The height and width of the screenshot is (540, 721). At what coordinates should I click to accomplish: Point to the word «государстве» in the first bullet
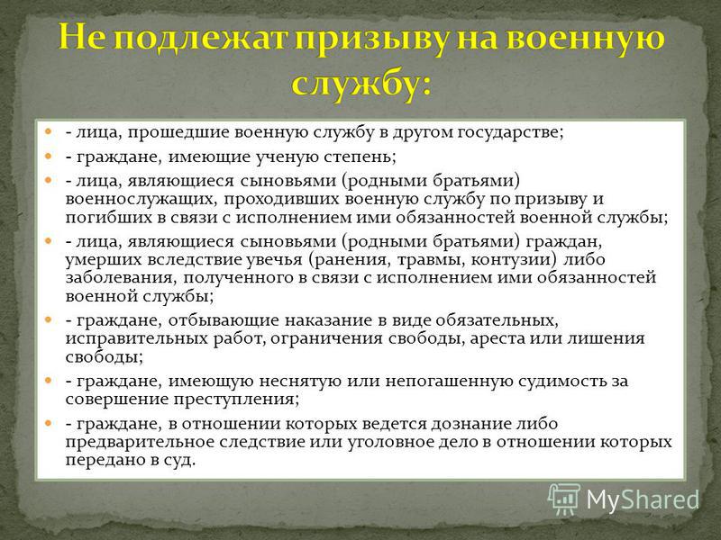(508, 133)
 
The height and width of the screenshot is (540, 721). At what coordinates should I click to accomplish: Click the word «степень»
(358, 157)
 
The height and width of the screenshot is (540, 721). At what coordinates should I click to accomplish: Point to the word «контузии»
(511, 259)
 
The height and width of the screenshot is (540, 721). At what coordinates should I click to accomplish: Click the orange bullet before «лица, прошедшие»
(49, 132)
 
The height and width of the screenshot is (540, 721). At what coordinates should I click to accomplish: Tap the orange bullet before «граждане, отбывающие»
(49, 319)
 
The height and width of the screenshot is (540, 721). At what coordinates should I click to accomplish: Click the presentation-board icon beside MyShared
(564, 499)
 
